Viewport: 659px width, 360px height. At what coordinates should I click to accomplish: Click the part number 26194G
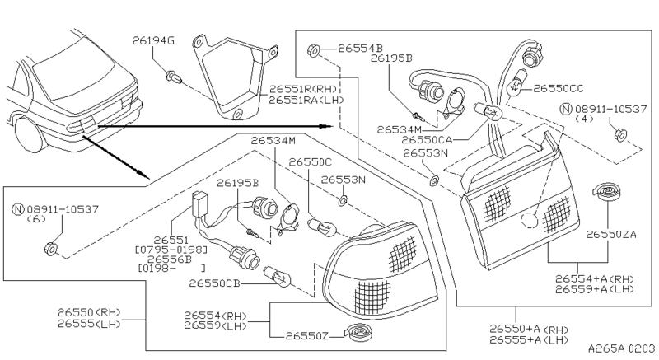point(153,40)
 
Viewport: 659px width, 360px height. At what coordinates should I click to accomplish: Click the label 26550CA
point(429,140)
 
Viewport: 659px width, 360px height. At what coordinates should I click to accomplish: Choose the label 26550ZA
point(611,234)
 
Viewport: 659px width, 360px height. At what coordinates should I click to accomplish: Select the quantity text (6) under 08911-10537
point(36,219)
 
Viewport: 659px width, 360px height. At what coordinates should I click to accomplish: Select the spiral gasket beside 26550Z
point(358,333)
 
